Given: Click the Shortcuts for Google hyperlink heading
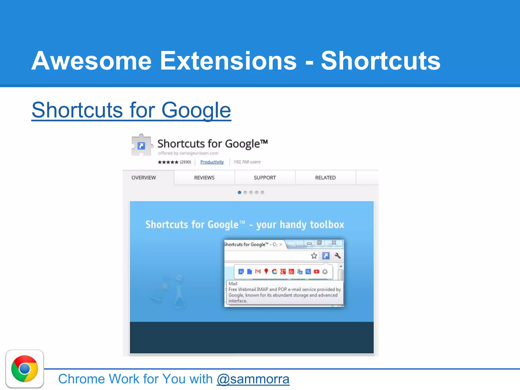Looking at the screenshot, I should click(x=131, y=110).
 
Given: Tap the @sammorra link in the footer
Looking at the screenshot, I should click(x=253, y=379).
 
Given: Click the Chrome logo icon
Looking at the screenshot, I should click(x=25, y=369).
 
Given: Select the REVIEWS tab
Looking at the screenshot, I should click(x=204, y=178).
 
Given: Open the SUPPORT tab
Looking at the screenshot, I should click(x=265, y=178).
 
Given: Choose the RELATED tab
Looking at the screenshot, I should click(x=325, y=178).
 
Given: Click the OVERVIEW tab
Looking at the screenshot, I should click(x=144, y=178).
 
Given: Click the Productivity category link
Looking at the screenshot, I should click(x=212, y=162).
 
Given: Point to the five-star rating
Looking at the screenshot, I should click(x=168, y=162).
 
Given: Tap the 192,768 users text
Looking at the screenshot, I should click(x=247, y=162).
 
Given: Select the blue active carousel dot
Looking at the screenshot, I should click(x=239, y=192).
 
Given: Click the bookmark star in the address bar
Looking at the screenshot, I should click(x=314, y=256).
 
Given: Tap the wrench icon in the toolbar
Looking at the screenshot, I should click(x=338, y=256).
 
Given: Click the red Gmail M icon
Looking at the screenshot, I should click(x=258, y=272).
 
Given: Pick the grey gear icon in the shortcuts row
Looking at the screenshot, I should click(x=325, y=272).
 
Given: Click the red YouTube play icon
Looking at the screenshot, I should click(x=316, y=272).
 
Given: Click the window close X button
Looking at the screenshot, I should click(x=334, y=243).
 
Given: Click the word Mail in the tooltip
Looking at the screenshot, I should click(x=233, y=284).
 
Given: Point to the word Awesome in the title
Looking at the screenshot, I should click(x=91, y=61).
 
